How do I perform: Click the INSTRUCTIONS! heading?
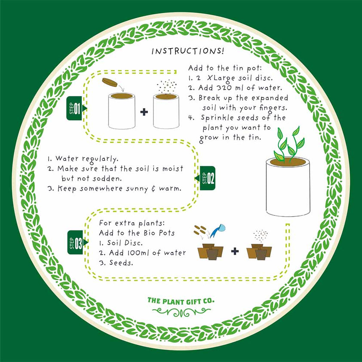click(187, 51)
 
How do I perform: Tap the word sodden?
click(111, 178)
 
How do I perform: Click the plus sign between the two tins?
click(144, 112)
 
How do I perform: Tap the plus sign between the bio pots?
click(235, 251)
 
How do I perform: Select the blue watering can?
click(221, 228)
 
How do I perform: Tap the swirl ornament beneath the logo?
click(181, 311)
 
